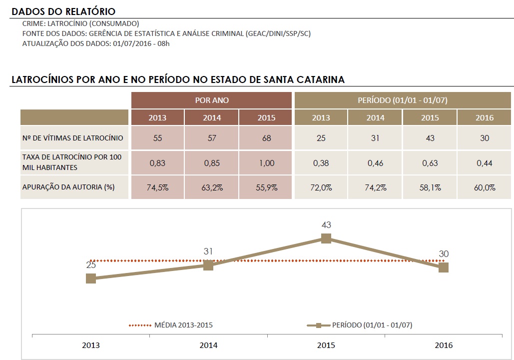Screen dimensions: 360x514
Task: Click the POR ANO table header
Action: (211, 100)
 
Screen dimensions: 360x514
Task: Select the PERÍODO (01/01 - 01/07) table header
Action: (403, 100)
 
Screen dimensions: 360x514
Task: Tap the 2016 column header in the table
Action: (485, 118)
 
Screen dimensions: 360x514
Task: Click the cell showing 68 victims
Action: (266, 138)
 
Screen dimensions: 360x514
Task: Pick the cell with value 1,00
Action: (266, 162)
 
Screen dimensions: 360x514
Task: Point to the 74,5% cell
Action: (157, 187)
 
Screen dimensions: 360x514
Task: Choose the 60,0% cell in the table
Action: (485, 187)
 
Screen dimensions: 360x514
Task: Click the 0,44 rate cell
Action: (485, 162)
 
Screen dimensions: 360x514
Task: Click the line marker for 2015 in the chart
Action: (326, 238)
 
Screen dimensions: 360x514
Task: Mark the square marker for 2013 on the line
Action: (91, 278)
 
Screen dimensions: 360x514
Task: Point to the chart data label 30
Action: (444, 254)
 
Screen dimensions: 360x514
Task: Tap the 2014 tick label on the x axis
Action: (208, 345)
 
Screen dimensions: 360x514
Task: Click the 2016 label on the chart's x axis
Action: (443, 345)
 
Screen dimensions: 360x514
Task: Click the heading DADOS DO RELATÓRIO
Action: (63, 11)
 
